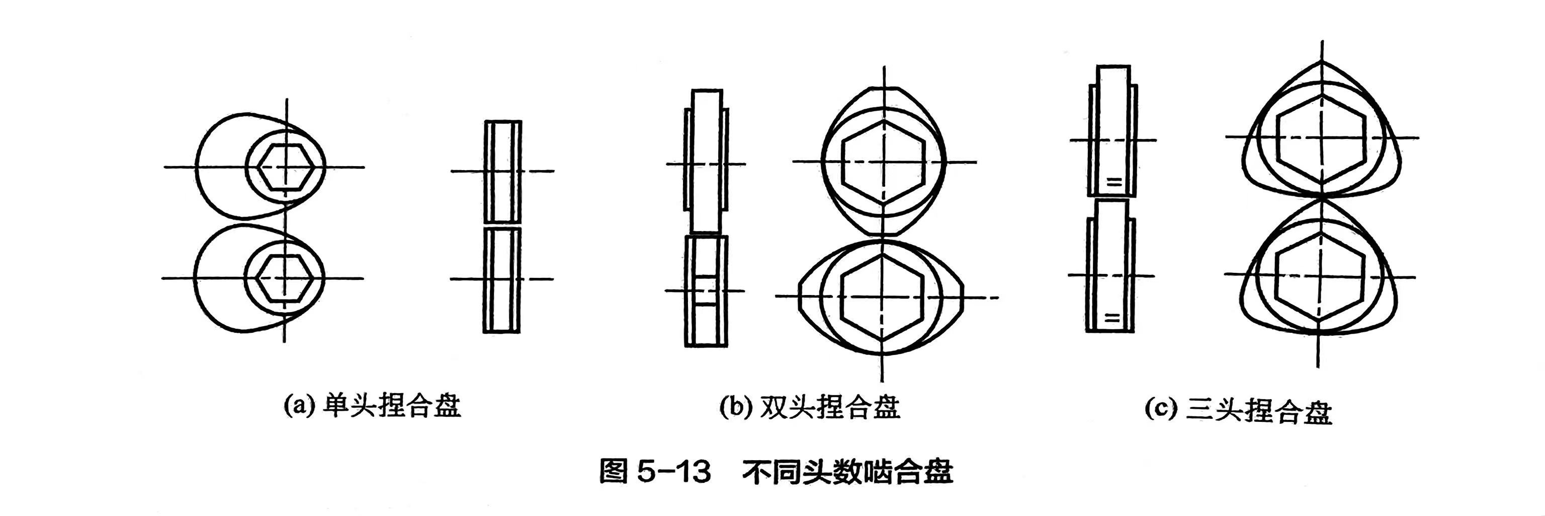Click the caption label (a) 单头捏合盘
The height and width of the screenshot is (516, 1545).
click(372, 406)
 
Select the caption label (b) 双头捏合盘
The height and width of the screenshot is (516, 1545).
click(810, 407)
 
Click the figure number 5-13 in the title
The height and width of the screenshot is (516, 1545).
click(673, 472)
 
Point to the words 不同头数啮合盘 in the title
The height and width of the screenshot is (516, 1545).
click(847, 472)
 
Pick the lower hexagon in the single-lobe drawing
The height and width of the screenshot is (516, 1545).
click(285, 278)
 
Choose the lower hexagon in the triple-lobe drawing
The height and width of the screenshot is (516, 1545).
click(1320, 276)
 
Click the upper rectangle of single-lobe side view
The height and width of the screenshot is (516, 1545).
click(502, 172)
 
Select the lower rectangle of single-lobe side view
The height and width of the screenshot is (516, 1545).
click(501, 279)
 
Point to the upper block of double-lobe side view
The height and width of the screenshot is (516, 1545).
click(707, 162)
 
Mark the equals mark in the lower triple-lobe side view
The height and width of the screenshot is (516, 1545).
click(1111, 319)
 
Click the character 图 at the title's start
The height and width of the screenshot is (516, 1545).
click(614, 472)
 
